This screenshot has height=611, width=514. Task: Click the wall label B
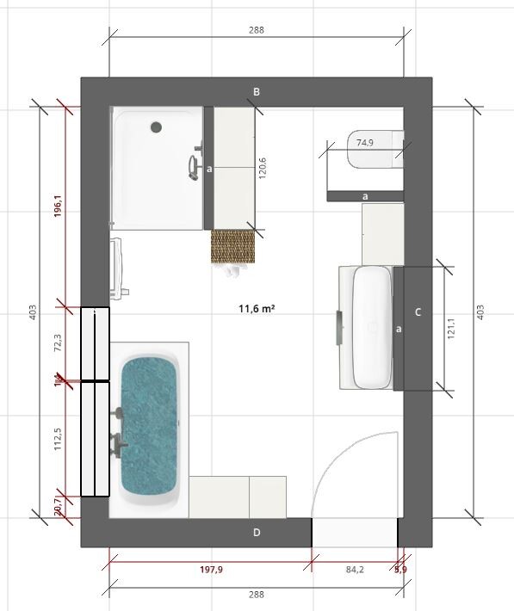tap(257, 92)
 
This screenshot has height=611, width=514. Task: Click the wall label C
tap(418, 312)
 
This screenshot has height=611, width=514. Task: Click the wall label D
tap(257, 533)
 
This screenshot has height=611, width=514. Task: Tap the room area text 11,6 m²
tap(257, 307)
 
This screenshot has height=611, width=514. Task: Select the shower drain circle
tap(156, 127)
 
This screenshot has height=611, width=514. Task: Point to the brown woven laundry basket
tap(234, 247)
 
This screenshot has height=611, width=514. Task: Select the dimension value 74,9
tap(365, 143)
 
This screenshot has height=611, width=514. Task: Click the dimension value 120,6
tap(263, 169)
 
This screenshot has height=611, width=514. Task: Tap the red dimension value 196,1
tap(58, 205)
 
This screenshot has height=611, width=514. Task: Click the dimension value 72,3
tap(58, 343)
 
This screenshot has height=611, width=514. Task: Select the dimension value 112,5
tap(58, 439)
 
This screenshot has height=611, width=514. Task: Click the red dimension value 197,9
tap(210, 569)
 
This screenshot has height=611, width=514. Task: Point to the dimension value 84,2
tap(354, 569)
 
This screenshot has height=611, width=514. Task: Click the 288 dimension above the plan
tap(257, 29)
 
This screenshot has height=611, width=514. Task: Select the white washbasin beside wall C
tap(374, 327)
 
